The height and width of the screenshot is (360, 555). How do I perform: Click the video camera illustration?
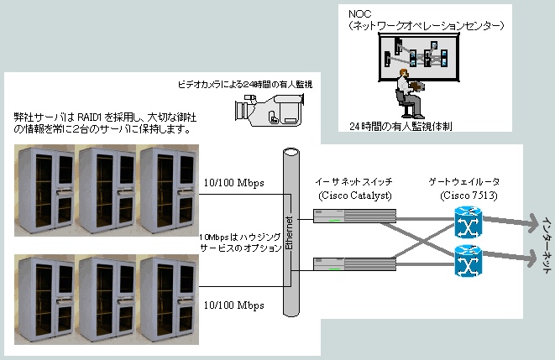point(270,109)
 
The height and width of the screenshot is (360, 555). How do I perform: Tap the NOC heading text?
point(360,13)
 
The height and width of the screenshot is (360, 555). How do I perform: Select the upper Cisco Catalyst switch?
point(354,216)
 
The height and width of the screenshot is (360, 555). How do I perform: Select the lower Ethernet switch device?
point(354,264)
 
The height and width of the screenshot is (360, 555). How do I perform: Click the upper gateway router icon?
point(468,222)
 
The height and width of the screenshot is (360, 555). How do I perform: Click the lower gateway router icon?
point(468,261)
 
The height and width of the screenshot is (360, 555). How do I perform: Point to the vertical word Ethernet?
point(289,233)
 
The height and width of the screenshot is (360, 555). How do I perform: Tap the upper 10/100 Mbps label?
point(234,183)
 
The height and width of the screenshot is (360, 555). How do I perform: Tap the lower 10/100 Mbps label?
point(234,305)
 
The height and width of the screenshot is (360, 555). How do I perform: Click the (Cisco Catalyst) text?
point(355,196)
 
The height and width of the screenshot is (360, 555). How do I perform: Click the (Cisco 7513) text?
point(469,196)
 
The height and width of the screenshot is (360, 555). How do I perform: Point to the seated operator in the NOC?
point(409,94)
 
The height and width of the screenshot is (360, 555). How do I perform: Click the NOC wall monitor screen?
point(419,56)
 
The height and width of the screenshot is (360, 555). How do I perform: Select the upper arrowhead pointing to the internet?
point(532,222)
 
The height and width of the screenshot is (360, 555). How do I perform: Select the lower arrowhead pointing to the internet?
point(532,258)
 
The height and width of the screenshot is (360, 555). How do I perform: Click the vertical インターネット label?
point(547,245)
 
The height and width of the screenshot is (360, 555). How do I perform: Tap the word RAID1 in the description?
point(90,117)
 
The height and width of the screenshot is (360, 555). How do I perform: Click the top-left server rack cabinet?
point(46,190)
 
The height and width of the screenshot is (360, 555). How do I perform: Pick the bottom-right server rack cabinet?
point(169,300)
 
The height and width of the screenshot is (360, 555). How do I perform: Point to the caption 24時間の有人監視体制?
point(401,126)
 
